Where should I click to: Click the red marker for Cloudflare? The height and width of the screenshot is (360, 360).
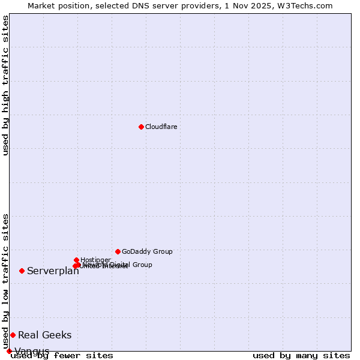tap(141, 127)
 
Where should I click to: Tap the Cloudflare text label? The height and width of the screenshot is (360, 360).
tap(161, 127)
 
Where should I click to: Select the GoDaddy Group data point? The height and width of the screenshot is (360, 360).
tap(118, 251)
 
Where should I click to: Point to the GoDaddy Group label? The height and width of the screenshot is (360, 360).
tap(147, 251)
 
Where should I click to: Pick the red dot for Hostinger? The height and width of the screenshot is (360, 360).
tap(76, 260)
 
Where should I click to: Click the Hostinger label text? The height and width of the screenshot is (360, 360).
tap(95, 260)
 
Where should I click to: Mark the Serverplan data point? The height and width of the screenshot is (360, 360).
tap(22, 271)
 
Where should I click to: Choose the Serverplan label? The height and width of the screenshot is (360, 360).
tap(53, 271)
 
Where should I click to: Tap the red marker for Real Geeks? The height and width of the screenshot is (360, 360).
tap(13, 335)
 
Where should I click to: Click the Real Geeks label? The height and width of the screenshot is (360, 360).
tap(44, 335)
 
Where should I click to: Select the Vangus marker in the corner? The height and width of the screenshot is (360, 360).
tap(9, 351)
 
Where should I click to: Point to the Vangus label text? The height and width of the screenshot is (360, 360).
tap(32, 351)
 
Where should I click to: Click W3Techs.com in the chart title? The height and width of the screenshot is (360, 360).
tap(309, 5)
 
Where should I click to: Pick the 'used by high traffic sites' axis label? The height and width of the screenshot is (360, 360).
tap(5, 85)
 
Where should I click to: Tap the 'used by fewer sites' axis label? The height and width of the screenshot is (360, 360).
tap(62, 356)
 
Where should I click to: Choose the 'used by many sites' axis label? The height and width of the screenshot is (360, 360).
tap(301, 356)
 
